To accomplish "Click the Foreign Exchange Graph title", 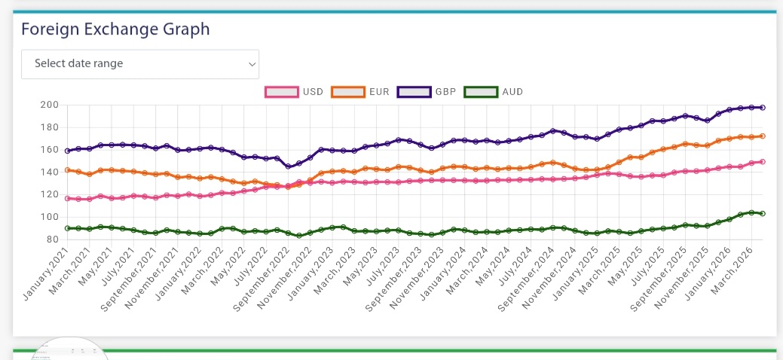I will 115,29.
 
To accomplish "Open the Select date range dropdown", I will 140,64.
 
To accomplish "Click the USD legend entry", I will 294,92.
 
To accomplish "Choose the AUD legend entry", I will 494,92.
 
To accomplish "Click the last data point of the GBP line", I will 763,108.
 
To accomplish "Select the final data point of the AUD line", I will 763,214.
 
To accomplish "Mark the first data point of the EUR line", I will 68,170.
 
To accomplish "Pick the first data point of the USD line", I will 68,199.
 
